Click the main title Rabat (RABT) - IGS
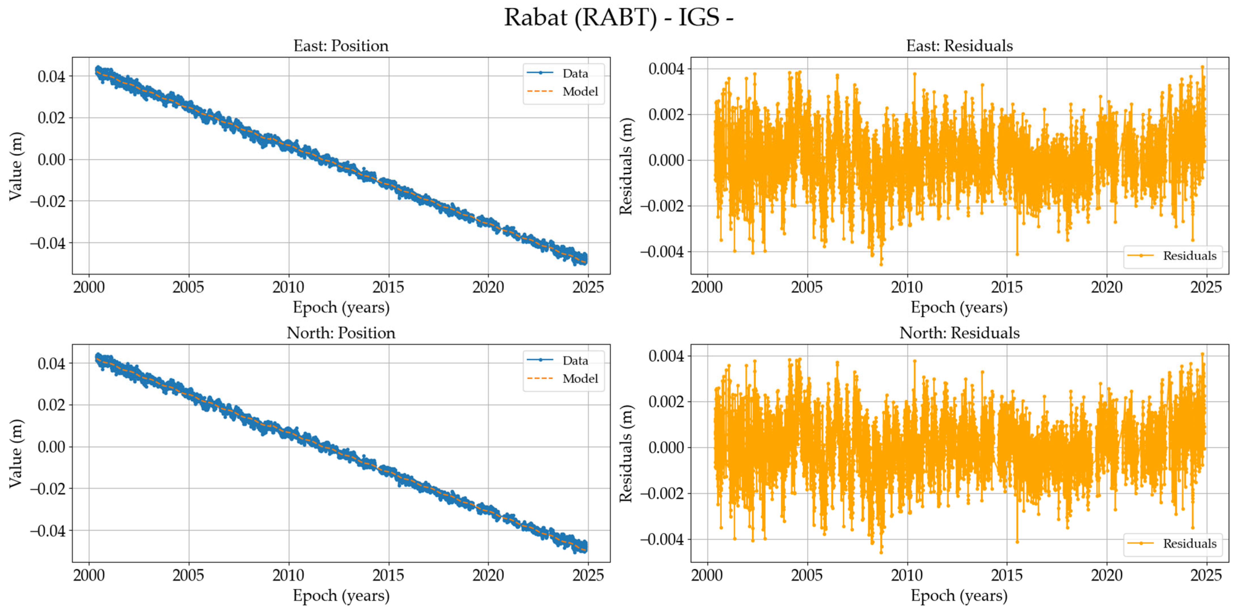pyautogui.click(x=618, y=18)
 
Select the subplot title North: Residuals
pyautogui.click(x=959, y=333)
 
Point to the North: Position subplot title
pyautogui.click(x=341, y=333)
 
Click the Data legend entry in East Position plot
pyautogui.click(x=575, y=74)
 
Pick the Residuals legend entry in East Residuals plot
pyautogui.click(x=1189, y=256)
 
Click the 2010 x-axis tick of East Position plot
pyautogui.click(x=288, y=288)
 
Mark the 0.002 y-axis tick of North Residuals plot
pyautogui.click(x=666, y=402)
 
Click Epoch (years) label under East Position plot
pyautogui.click(x=341, y=308)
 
